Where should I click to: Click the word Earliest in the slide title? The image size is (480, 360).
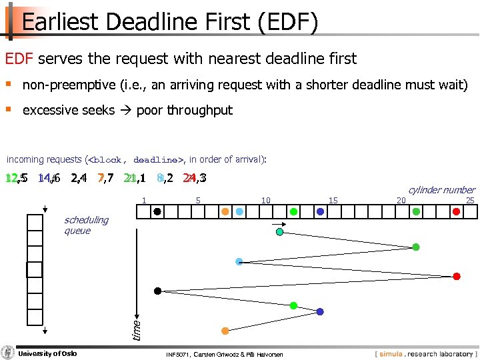coord(59,21)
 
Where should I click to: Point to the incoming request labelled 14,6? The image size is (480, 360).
coord(49,179)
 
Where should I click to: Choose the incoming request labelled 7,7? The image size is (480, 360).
coord(105,179)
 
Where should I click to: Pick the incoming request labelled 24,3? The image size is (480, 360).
coord(194,179)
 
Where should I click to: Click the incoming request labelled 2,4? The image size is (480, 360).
coord(78,179)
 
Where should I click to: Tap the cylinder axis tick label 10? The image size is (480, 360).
coord(265,201)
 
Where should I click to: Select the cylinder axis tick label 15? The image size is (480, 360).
coord(333,201)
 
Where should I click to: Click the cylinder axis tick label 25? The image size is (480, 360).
coord(470,201)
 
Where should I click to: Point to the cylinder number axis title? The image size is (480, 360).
coord(441,190)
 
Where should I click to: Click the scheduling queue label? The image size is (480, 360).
coord(86,225)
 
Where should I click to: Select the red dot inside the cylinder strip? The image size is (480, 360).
coord(457,212)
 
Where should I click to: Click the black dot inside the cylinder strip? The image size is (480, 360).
coord(157,212)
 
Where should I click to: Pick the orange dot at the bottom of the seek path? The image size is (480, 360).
coord(225,331)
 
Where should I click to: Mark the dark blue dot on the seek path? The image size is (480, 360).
coord(320,311)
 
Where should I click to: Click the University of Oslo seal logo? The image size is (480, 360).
coord(8,353)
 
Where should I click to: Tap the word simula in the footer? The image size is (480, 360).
coord(394,353)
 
